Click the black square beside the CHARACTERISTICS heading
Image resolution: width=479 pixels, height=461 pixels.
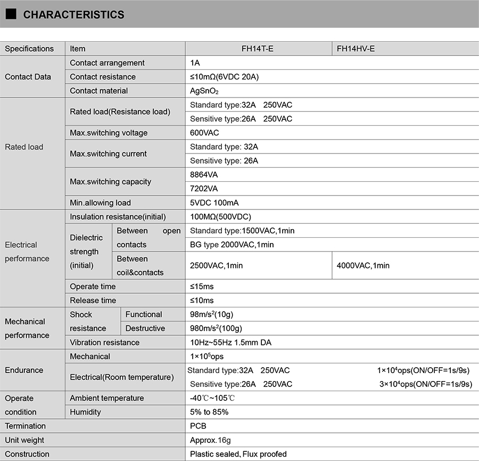[x=11, y=14]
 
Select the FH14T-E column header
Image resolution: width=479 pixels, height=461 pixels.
[x=258, y=48]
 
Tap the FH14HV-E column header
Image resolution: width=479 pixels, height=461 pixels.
[x=356, y=48]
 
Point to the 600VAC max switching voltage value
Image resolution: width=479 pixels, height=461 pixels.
[x=204, y=133]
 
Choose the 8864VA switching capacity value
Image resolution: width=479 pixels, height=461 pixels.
[x=204, y=174]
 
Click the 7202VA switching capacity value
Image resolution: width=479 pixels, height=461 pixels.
[x=204, y=189]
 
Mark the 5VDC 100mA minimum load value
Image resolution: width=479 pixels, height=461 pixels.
[x=213, y=203]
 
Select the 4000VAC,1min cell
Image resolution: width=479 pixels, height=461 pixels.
[x=363, y=265]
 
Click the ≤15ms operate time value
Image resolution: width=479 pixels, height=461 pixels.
[x=202, y=287]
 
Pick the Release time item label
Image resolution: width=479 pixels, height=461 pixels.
[x=93, y=301]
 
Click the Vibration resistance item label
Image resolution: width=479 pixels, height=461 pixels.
[x=104, y=343]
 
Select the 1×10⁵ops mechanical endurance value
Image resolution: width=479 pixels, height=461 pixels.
[x=207, y=357]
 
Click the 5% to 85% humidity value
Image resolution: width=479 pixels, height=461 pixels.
[x=209, y=412]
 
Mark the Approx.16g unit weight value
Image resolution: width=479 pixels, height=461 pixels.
[x=210, y=440]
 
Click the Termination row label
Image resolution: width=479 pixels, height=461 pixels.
[x=25, y=426]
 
